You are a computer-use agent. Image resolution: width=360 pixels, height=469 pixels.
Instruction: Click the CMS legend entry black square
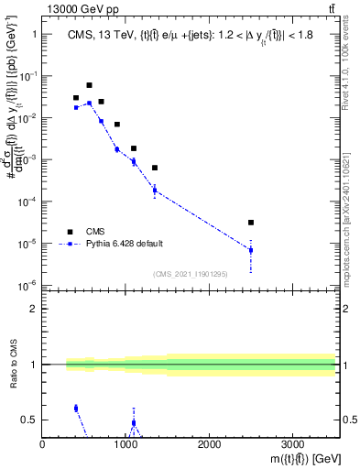click(68, 231)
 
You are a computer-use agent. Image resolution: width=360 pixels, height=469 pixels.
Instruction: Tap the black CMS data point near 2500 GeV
click(251, 223)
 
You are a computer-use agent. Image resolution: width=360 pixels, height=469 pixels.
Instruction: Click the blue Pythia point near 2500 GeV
click(251, 250)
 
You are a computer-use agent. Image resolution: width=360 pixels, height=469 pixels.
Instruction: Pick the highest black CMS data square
click(89, 85)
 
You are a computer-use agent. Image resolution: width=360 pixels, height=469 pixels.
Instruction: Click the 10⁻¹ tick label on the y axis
click(27, 76)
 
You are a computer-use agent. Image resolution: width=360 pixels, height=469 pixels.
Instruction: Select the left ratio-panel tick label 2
click(33, 309)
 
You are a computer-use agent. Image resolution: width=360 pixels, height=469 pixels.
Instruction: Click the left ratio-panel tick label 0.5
click(29, 420)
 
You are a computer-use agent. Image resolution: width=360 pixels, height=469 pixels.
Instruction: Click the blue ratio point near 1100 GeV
click(134, 423)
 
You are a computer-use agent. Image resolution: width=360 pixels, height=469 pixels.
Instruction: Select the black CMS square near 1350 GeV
click(155, 168)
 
